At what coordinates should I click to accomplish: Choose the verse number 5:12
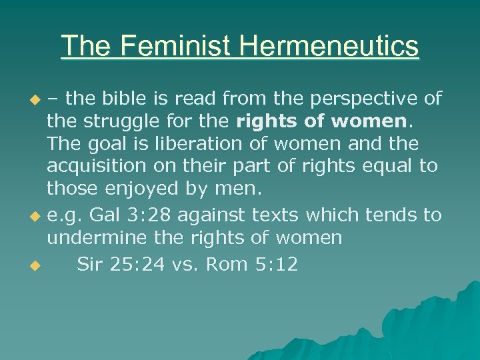[x=277, y=265]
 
